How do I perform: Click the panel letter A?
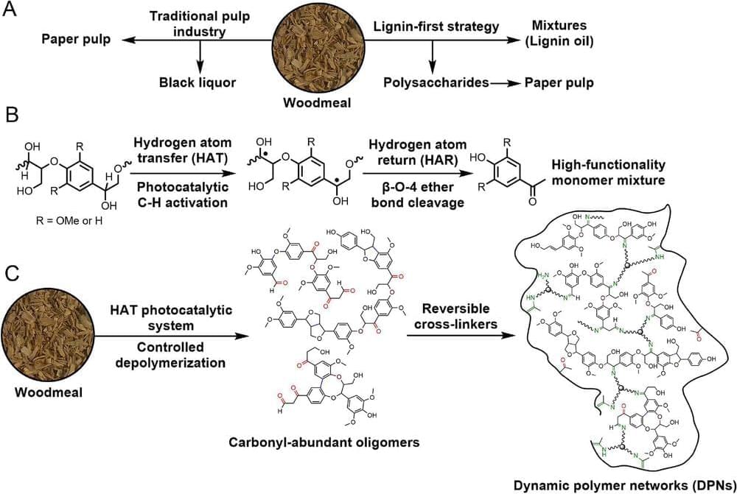coord(12,14)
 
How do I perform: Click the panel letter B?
coord(12,119)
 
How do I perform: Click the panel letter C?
coord(12,274)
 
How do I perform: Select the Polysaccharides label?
coord(439,82)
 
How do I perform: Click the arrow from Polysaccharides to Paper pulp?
coord(506,82)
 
